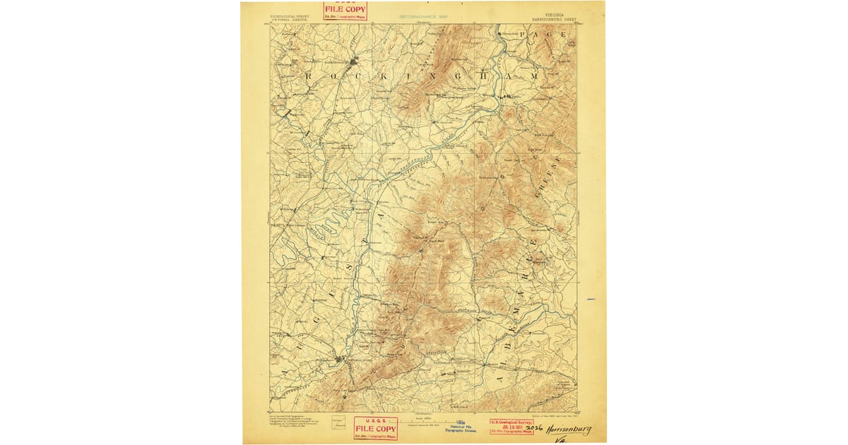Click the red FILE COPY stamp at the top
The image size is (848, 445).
[345, 11]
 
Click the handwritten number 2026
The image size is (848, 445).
[535, 429]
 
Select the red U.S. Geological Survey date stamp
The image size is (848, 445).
[512, 426]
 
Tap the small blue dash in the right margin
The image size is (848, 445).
[591, 299]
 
